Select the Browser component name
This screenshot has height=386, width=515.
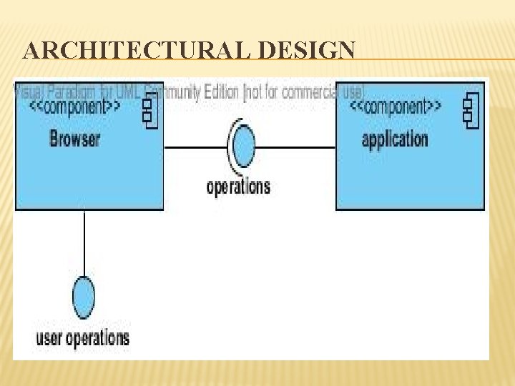(x=75, y=138)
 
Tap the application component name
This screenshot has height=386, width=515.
(x=395, y=138)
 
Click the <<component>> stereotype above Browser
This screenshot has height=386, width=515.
(x=75, y=108)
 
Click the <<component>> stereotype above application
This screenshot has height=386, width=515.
(x=396, y=108)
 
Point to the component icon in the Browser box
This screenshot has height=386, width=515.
(x=149, y=110)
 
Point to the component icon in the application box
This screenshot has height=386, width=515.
(x=470, y=110)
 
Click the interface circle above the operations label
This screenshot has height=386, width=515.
(x=244, y=147)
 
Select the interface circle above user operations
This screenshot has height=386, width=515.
(x=84, y=297)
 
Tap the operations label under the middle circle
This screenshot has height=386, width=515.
(x=238, y=187)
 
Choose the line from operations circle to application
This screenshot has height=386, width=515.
(x=295, y=147)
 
